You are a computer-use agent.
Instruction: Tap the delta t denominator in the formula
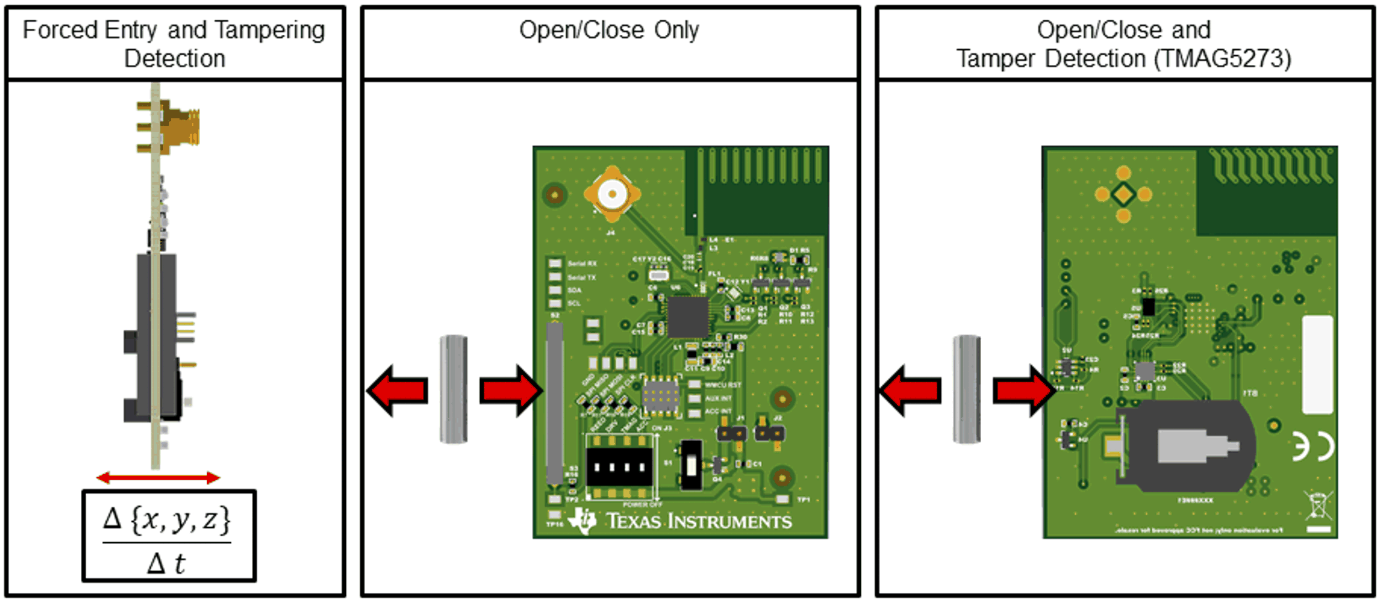(x=166, y=564)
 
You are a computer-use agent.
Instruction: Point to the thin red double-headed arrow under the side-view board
(x=158, y=478)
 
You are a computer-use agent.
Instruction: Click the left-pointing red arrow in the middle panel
(x=398, y=390)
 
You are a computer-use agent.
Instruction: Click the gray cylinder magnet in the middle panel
(x=454, y=389)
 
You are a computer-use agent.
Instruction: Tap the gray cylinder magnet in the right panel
(x=967, y=389)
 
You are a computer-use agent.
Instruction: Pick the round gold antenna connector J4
(x=612, y=194)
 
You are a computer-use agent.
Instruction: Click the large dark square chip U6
(x=688, y=317)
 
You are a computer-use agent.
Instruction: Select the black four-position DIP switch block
(x=619, y=467)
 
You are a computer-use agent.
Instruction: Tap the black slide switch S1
(x=690, y=465)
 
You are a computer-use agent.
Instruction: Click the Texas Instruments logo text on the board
(x=698, y=522)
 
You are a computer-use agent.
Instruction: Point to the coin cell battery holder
(x=1184, y=447)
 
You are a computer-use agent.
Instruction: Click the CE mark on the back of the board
(x=1313, y=447)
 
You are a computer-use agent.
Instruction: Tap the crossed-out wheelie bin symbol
(x=1318, y=505)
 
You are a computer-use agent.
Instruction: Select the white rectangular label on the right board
(x=1318, y=365)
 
